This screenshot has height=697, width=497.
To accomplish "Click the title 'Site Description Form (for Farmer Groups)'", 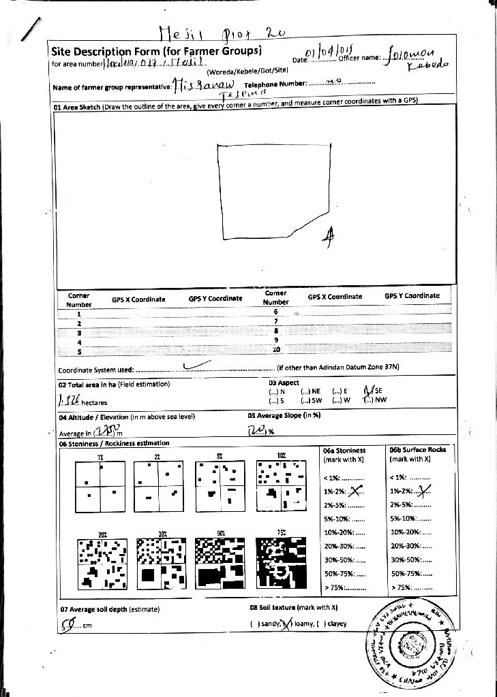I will tap(156, 52).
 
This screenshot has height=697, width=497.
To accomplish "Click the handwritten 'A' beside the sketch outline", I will tap(329, 236).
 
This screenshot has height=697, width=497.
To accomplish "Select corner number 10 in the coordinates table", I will tap(276, 350).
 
